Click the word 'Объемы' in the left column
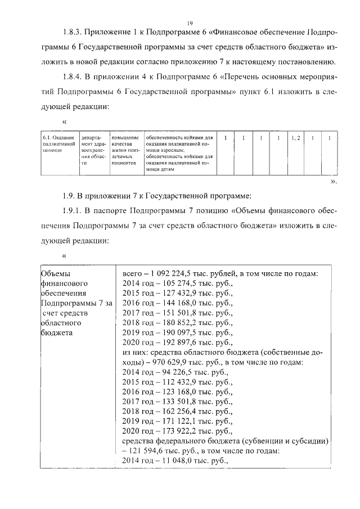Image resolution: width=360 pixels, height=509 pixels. pos(55,273)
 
